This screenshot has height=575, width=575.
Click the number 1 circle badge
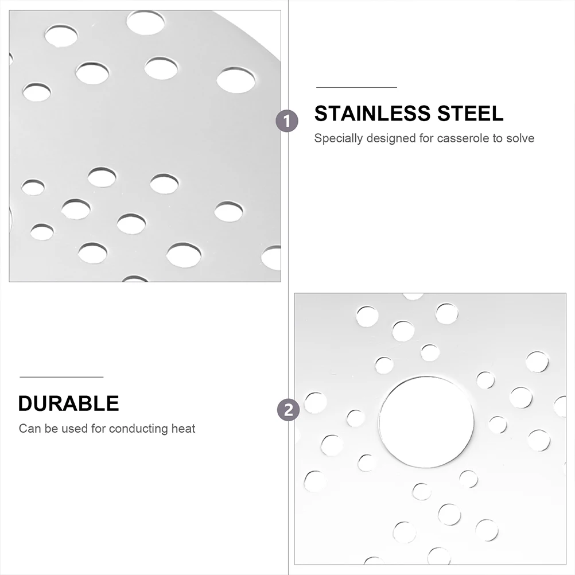pyautogui.click(x=287, y=121)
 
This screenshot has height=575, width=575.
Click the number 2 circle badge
pyautogui.click(x=287, y=410)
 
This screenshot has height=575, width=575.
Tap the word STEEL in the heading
pyautogui.click(x=472, y=114)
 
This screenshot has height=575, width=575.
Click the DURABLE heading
pyautogui.click(x=68, y=403)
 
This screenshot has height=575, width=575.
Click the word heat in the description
pyautogui.click(x=184, y=429)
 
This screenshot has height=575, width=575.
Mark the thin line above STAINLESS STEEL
pyautogui.click(x=356, y=87)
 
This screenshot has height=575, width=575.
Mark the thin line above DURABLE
pyautogui.click(x=61, y=377)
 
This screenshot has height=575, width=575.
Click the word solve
pyautogui.click(x=520, y=138)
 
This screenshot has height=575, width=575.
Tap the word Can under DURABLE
pyautogui.click(x=28, y=429)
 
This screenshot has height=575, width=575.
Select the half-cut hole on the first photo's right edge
pyautogui.click(x=272, y=258)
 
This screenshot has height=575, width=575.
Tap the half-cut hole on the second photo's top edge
pyautogui.click(x=413, y=296)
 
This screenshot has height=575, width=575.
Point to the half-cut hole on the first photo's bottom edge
pyautogui.click(x=135, y=279)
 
